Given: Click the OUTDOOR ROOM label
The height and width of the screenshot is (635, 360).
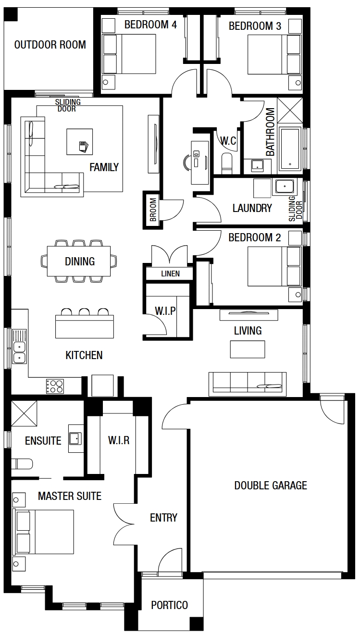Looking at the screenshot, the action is (x=50, y=45).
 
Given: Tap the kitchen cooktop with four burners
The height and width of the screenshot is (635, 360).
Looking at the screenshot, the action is (x=55, y=386).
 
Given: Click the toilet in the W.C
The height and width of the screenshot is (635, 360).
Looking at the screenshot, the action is (x=227, y=163).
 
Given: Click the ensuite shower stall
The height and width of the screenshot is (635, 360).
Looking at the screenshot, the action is (x=24, y=413).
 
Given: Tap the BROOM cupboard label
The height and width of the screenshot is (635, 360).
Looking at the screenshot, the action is (x=153, y=210).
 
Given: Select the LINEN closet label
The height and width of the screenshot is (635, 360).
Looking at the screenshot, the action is (x=170, y=274).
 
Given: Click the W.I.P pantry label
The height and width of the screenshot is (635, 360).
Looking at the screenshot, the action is (x=165, y=311).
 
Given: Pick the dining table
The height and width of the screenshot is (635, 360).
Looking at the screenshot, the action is (x=79, y=261).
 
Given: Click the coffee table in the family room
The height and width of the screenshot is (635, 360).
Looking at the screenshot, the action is (x=80, y=142).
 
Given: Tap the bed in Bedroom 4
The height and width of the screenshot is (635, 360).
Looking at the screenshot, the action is (x=129, y=54).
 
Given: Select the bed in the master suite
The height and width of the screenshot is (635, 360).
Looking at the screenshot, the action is (x=43, y=532).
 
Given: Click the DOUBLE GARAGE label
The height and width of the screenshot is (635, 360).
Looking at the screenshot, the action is (x=271, y=486).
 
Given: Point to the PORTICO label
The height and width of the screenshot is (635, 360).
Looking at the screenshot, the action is (x=170, y=605).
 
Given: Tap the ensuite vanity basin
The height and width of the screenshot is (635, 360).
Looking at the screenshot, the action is (x=75, y=438).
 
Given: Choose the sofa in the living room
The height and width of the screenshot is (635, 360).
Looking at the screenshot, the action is (x=248, y=384).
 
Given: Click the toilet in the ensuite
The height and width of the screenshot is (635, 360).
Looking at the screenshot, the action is (x=22, y=464).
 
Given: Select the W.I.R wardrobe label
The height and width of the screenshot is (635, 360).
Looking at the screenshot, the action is (x=119, y=440).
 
